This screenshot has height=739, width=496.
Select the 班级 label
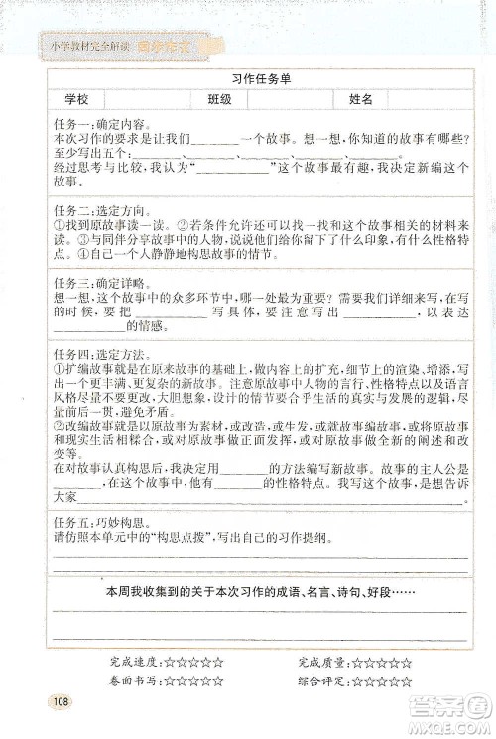(220, 100)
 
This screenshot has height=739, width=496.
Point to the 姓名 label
(362, 100)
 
